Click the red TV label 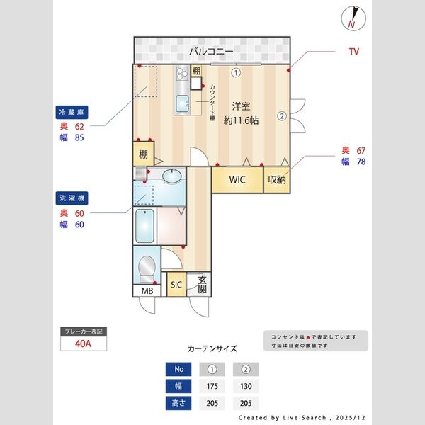[353, 52]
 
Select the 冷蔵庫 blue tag [72, 112]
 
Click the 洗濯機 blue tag [72, 198]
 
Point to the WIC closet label [237, 179]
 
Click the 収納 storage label [276, 179]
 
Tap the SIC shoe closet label [176, 285]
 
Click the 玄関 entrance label [203, 284]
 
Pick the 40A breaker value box [84, 345]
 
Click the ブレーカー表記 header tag [84, 331]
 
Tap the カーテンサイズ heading [212, 348]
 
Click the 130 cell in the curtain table [246, 386]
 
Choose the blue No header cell [178, 369]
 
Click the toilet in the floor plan [147, 267]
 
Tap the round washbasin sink [171, 176]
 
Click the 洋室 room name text [241, 106]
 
